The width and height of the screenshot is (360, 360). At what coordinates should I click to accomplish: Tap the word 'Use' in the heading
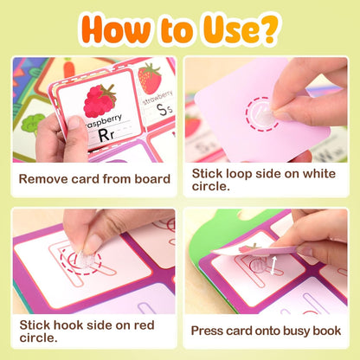(223, 28)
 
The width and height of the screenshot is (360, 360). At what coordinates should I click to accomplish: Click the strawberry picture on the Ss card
(150, 78)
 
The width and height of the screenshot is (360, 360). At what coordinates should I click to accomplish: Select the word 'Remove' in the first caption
(48, 179)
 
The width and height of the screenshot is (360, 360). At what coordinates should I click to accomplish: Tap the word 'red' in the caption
(141, 325)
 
